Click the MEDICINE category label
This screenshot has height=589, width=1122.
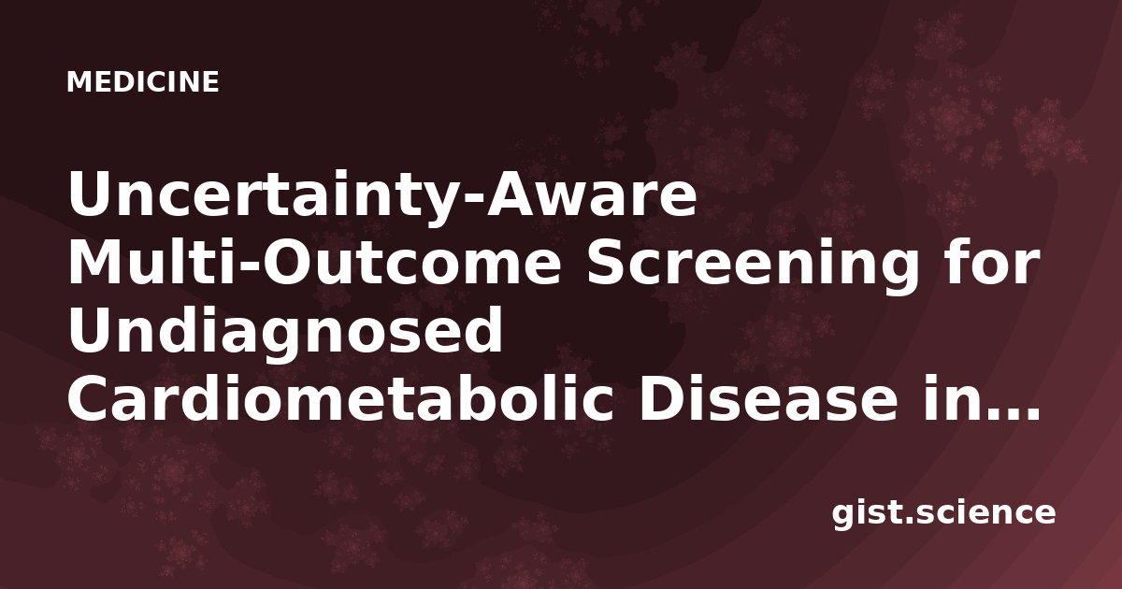click(143, 81)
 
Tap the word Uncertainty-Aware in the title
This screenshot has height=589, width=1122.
click(382, 195)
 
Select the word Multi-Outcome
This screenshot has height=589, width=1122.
click(314, 264)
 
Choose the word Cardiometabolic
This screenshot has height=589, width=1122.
click(340, 397)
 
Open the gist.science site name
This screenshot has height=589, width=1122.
click(943, 513)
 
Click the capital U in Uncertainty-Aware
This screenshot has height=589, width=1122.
click(91, 194)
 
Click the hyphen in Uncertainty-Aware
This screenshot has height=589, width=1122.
click(474, 200)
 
